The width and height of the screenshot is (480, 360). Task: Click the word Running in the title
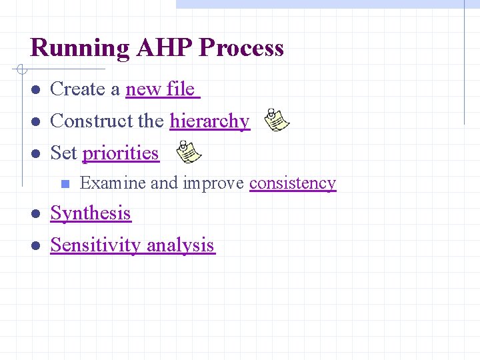click(80, 49)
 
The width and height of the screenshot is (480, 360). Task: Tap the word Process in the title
click(241, 49)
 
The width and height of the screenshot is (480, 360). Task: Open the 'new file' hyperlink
click(162, 89)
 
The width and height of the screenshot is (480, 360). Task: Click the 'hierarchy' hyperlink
click(209, 121)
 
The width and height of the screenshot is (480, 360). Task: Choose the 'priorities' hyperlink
click(121, 153)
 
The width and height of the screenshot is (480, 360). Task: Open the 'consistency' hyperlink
click(293, 183)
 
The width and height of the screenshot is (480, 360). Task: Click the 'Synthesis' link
click(91, 213)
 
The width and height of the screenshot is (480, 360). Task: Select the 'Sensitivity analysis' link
click(132, 245)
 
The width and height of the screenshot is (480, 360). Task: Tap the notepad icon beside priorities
click(188, 152)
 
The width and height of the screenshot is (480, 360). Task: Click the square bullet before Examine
click(65, 183)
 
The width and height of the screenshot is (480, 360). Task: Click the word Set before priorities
click(64, 153)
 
